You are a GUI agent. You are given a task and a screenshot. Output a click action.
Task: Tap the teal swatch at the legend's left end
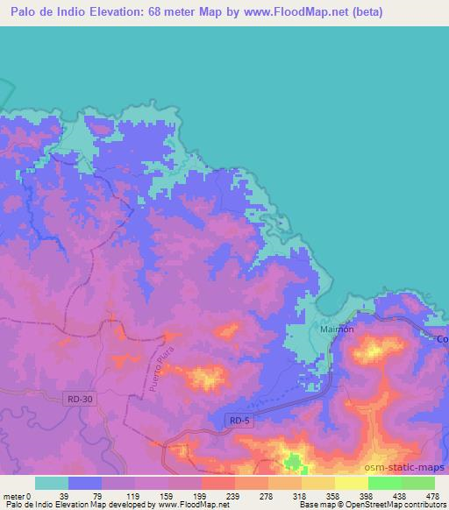pyautogui.click(x=52, y=483)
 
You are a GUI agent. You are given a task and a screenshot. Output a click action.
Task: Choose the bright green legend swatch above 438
pyautogui.click(x=384, y=483)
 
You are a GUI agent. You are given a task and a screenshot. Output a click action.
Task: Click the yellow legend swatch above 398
pyautogui.click(x=351, y=483)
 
